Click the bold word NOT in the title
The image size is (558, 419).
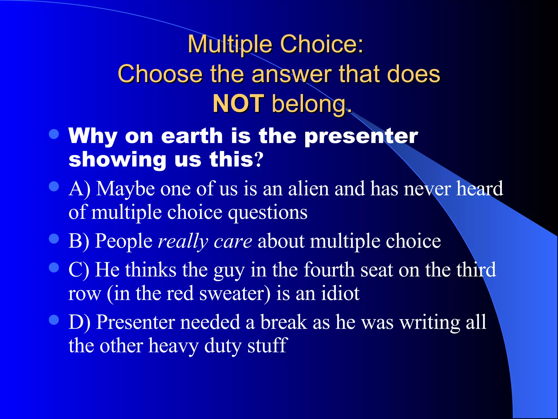[x=238, y=104]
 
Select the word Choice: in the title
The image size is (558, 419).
[x=322, y=44]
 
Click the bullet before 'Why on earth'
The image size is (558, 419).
[x=54, y=134]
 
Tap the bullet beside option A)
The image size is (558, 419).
[x=54, y=187]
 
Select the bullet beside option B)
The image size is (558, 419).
[x=54, y=239]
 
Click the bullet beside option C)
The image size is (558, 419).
[x=54, y=268]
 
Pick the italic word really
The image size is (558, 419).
[x=183, y=241]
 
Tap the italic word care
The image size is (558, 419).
[x=233, y=241]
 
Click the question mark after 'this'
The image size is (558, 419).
[x=259, y=160]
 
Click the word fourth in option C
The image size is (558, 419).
[x=329, y=270]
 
